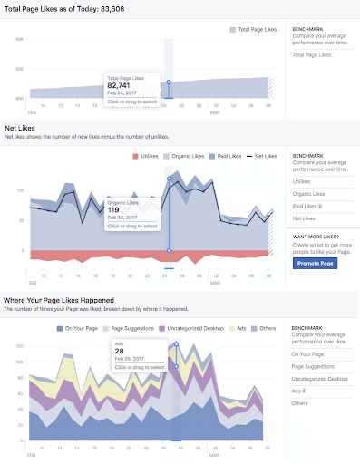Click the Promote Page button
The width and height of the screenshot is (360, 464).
tap(316, 263)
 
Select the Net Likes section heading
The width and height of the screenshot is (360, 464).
tap(22, 130)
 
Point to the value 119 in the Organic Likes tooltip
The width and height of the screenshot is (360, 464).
tap(113, 209)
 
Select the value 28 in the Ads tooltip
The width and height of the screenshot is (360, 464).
tap(119, 352)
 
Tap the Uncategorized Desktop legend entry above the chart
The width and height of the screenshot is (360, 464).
tap(190, 327)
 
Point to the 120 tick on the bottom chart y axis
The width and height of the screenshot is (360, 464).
tap(17, 343)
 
